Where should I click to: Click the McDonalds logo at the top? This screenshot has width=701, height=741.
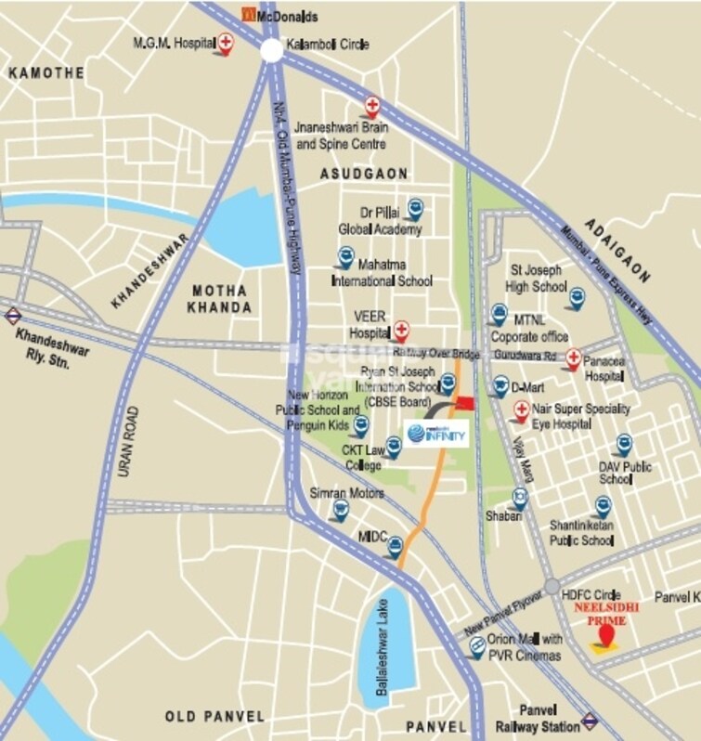(248, 14)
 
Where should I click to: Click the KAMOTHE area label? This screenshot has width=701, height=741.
(45, 72)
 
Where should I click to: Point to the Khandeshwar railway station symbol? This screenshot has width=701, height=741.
(13, 316)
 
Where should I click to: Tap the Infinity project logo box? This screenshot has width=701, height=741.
(435, 433)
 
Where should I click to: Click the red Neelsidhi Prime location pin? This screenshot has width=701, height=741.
(606, 636)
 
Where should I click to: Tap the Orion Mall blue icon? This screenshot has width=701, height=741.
(476, 648)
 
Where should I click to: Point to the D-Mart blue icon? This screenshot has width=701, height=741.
(500, 383)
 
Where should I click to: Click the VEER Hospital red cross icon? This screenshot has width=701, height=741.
(401, 329)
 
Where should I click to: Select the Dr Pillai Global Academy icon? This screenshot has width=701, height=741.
(417, 211)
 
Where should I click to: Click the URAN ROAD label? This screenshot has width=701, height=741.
(127, 442)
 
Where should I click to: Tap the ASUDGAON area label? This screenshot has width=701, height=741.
(364, 174)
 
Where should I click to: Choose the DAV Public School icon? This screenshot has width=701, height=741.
(623, 445)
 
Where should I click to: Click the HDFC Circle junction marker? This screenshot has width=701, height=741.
(552, 587)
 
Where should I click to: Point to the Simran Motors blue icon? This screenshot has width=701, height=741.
(341, 507)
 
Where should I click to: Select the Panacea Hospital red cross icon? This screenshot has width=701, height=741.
(573, 357)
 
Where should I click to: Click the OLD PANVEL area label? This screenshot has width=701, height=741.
(214, 716)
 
